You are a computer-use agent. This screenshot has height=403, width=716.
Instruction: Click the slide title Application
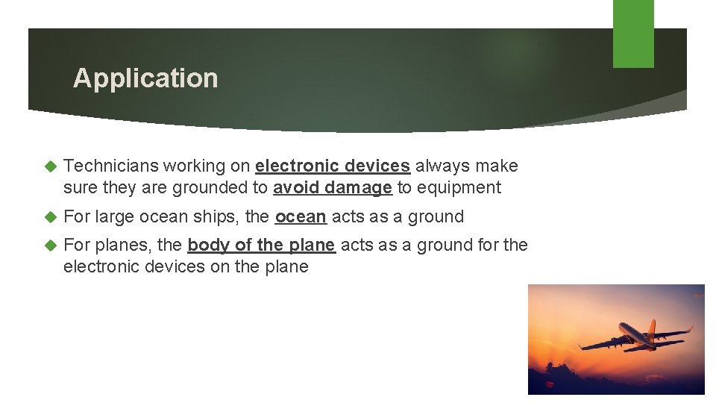(x=145, y=78)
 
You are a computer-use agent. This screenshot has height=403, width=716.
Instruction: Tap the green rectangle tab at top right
(x=633, y=34)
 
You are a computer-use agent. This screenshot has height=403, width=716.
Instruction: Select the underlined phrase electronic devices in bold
(x=333, y=166)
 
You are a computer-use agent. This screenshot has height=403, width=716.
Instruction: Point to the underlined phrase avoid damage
(x=333, y=188)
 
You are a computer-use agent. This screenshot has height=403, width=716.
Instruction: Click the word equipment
(x=459, y=188)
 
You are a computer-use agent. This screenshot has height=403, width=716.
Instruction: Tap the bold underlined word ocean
(x=301, y=217)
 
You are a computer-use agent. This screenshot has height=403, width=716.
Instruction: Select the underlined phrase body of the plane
(x=261, y=245)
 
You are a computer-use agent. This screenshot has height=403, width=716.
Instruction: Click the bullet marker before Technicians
(x=51, y=166)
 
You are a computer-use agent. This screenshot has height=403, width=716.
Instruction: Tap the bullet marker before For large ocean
(x=51, y=217)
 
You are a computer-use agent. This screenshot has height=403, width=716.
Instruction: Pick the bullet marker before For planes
(x=51, y=245)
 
